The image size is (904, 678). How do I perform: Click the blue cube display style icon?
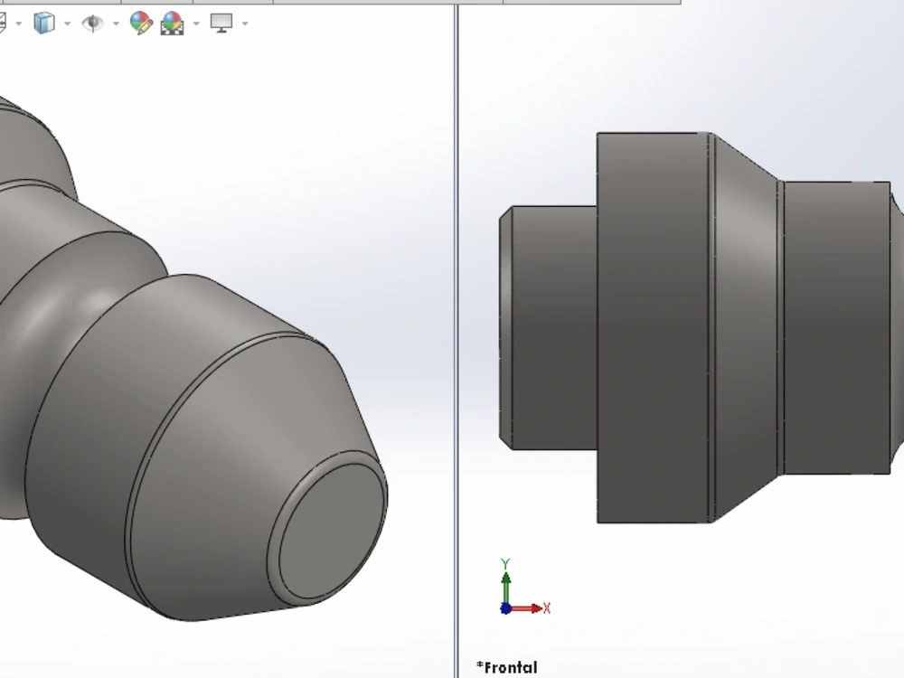42,23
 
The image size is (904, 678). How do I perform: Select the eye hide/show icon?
92,23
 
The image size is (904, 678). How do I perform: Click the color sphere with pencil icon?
140,23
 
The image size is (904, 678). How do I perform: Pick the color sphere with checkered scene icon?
172,23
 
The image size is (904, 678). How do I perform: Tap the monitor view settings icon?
221,23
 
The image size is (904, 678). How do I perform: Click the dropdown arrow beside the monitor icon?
245,24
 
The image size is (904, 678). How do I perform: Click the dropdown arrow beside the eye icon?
116,24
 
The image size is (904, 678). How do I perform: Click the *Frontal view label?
506,668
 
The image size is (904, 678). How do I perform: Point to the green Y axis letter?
506,563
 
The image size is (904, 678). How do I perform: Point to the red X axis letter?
547,608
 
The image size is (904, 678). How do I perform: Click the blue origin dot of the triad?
505,608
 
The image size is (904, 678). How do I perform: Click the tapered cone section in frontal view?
746,327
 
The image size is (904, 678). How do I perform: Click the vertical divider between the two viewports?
456,362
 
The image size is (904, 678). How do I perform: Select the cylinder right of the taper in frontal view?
836,327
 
